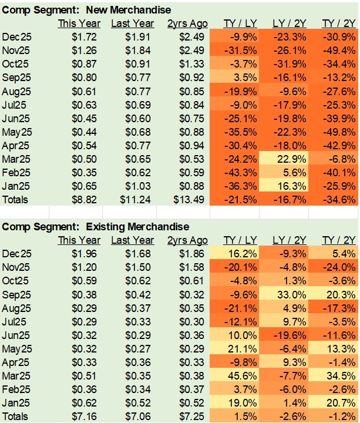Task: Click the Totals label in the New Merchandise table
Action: pos(16,199)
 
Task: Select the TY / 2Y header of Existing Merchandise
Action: pos(339,240)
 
